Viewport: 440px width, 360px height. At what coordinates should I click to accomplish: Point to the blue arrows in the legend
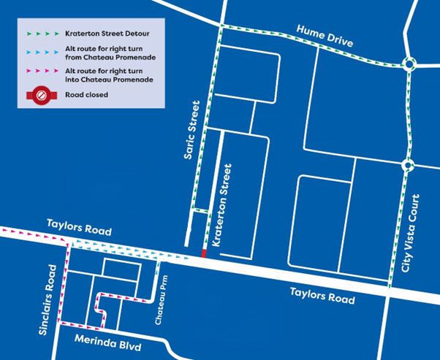click(x=41, y=52)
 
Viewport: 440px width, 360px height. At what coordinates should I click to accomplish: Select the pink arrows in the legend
click(x=41, y=70)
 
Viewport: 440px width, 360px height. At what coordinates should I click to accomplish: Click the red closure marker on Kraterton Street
click(x=204, y=252)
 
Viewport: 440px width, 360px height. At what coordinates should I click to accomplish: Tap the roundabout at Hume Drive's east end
click(x=409, y=64)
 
